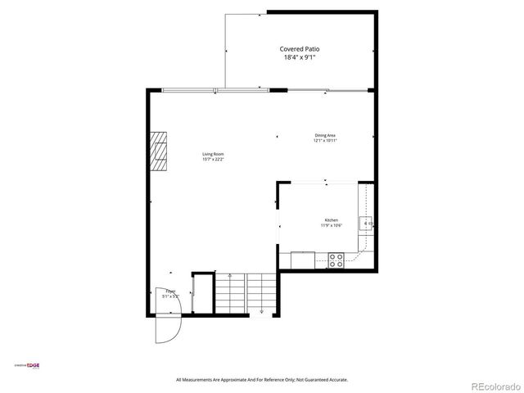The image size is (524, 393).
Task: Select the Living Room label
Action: [214, 154]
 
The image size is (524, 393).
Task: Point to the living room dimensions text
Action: [214, 160]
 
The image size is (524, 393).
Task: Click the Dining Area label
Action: [325, 135]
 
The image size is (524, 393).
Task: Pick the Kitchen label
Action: [332, 219]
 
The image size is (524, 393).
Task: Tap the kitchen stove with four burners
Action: [336, 260]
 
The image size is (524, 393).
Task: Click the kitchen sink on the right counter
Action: [368, 222]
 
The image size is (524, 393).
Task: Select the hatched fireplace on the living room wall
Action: [159, 151]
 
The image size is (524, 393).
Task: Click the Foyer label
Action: [170, 291]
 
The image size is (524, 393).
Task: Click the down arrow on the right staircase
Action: [260, 311]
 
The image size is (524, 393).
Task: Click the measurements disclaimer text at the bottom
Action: [262, 379]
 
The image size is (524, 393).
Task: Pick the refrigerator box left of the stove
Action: [303, 259]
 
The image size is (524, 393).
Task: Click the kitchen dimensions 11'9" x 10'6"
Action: [332, 225]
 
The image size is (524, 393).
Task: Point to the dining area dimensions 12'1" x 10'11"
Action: [325, 141]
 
